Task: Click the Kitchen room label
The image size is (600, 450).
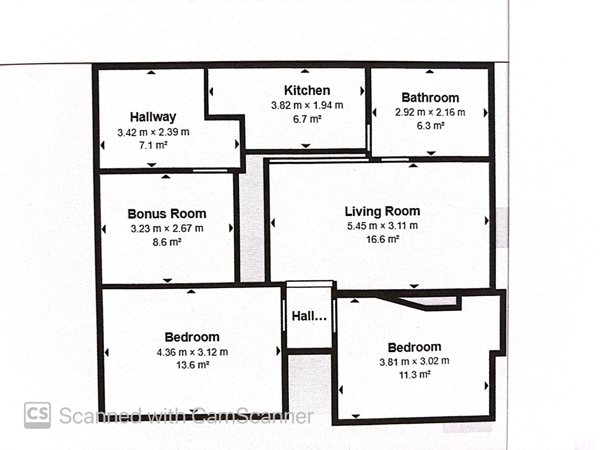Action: (x=307, y=90)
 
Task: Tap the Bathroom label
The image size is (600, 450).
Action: (x=430, y=98)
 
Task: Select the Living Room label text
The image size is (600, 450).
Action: (x=382, y=211)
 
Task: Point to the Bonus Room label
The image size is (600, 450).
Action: (x=167, y=214)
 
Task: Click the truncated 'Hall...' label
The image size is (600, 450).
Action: (x=309, y=316)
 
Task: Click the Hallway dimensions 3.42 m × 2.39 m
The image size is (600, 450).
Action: (x=153, y=132)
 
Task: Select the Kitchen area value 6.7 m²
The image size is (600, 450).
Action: (x=307, y=120)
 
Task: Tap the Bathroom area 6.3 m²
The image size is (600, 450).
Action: (x=430, y=126)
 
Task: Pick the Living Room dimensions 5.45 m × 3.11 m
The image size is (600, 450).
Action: (x=382, y=226)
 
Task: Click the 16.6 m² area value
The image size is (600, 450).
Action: (x=382, y=239)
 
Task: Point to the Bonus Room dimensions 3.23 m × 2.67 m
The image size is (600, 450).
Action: (x=167, y=228)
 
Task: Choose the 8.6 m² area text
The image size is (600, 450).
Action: (x=167, y=242)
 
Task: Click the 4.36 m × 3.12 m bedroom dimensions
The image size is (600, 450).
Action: (x=192, y=352)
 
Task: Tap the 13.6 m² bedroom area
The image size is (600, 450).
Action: (x=193, y=365)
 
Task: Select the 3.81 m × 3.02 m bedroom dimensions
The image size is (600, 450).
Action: (x=414, y=362)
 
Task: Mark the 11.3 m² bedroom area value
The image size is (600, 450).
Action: (x=415, y=375)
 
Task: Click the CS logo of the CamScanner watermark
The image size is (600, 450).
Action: (x=37, y=415)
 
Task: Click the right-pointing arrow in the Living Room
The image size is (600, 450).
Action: (x=487, y=220)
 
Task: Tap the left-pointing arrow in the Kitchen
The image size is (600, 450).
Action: (x=211, y=92)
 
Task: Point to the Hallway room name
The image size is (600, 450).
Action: (x=153, y=117)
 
